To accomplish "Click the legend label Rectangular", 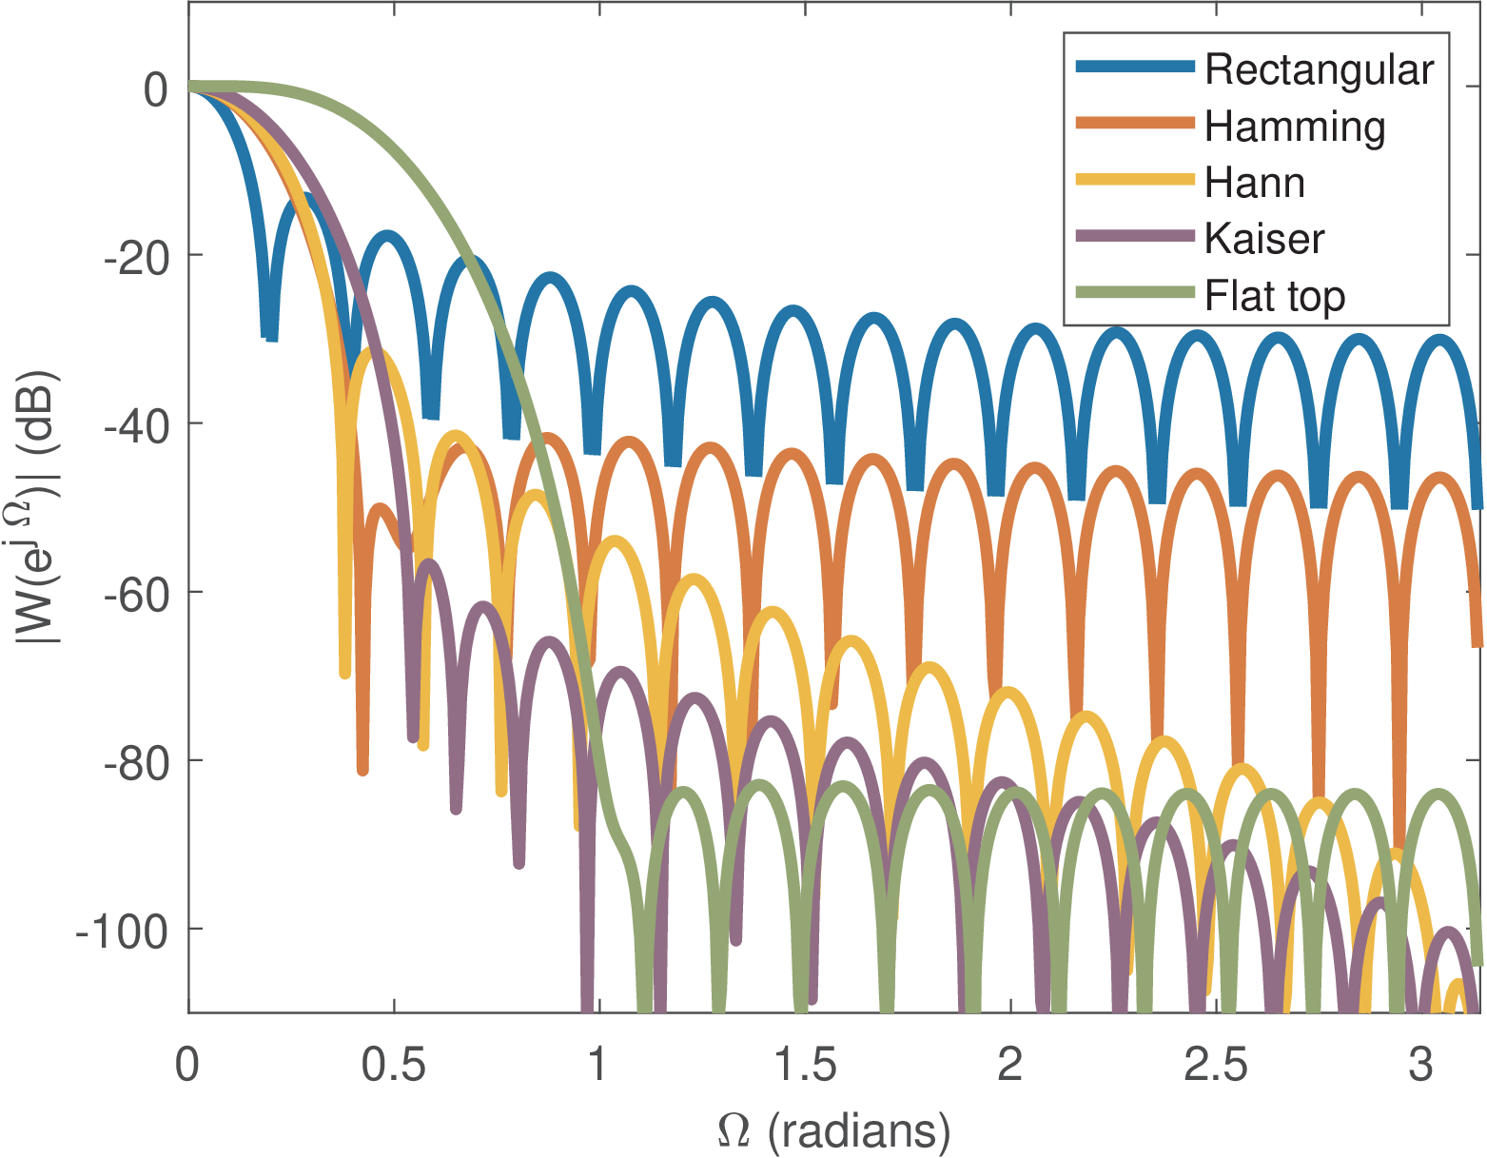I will [x=1319, y=69].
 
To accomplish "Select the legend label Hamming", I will [x=1294, y=127].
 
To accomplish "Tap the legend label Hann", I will [x=1254, y=183].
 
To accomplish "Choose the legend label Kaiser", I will [x=1263, y=239].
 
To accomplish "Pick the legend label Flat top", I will [x=1275, y=296].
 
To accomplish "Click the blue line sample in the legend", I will [x=1134, y=67].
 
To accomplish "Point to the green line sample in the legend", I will [x=1134, y=292].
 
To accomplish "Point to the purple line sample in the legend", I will [x=1134, y=236].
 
